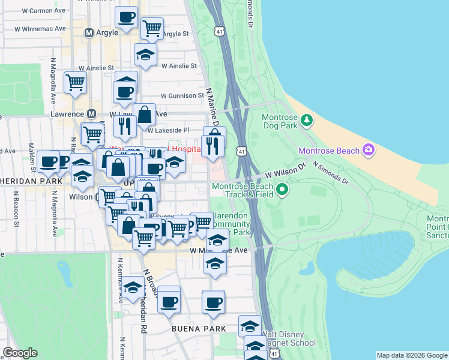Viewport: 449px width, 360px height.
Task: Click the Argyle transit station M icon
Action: click(89, 32)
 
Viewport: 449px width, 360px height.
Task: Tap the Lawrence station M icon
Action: click(92, 113)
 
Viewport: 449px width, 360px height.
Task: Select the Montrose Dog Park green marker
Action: click(307, 120)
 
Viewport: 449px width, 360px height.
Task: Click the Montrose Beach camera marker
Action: click(369, 150)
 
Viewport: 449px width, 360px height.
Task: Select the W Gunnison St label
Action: click(182, 95)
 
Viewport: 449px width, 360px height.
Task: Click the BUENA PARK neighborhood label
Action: click(198, 329)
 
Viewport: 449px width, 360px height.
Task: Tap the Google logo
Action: click(20, 353)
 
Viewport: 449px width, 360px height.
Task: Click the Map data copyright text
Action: click(411, 355)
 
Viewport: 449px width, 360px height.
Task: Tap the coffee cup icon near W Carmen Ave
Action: click(126, 18)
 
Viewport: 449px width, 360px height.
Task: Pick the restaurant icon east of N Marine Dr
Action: click(212, 145)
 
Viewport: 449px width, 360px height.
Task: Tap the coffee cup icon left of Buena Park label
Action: click(170, 301)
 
